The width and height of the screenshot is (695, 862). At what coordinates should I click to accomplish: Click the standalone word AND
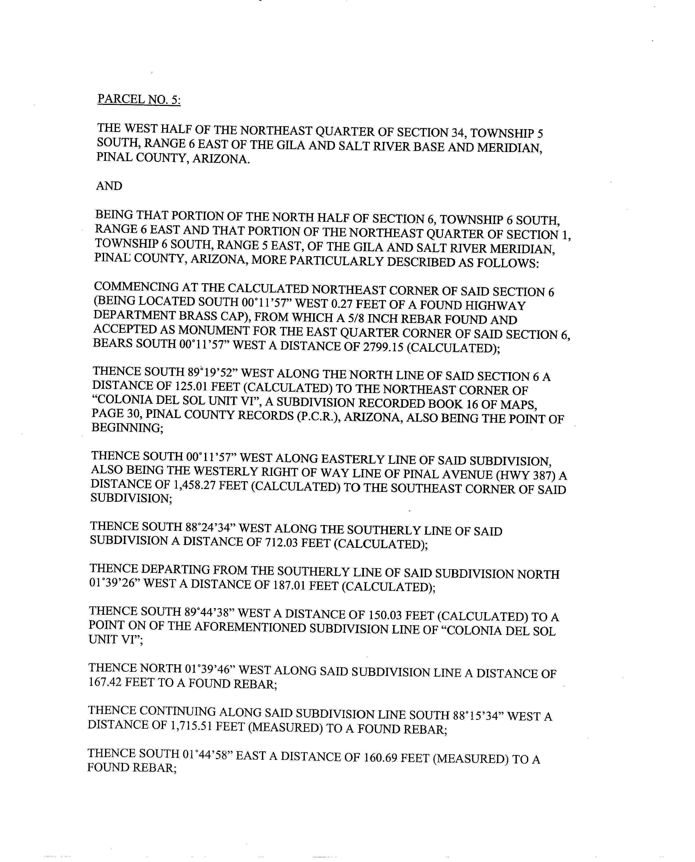(109, 186)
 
